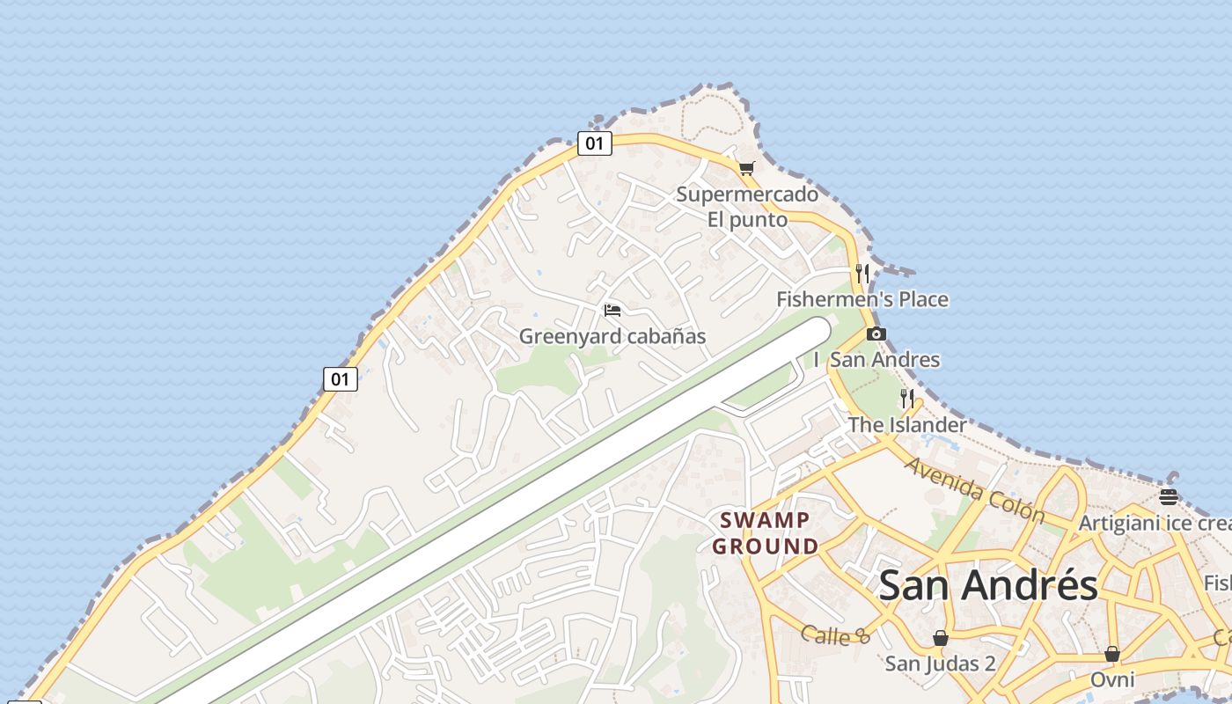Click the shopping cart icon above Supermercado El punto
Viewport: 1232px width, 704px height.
tap(746, 168)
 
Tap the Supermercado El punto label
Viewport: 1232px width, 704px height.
tap(747, 206)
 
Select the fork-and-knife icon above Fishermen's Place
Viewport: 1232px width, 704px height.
tap(862, 274)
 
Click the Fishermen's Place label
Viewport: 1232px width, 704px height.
tap(862, 299)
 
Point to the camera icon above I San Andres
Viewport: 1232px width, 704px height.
tap(876, 334)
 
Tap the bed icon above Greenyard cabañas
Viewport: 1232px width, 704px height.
tap(612, 311)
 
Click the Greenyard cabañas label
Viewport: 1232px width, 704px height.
tap(612, 336)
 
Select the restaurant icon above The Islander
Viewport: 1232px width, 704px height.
tap(907, 399)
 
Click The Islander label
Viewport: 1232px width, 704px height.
tap(906, 425)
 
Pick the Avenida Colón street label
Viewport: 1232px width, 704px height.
tap(974, 490)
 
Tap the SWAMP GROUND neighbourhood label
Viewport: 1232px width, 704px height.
tap(766, 533)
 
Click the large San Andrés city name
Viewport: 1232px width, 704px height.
tap(988, 585)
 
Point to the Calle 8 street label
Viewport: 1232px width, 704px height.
tap(835, 635)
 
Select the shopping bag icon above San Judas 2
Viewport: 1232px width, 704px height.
tap(941, 638)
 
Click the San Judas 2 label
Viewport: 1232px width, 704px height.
tap(941, 663)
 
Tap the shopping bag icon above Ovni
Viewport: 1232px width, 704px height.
tap(1112, 655)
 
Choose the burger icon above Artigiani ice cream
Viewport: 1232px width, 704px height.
tap(1169, 497)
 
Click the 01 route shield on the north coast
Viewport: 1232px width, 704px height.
tap(595, 143)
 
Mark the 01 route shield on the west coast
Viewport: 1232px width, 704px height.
tap(341, 380)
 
